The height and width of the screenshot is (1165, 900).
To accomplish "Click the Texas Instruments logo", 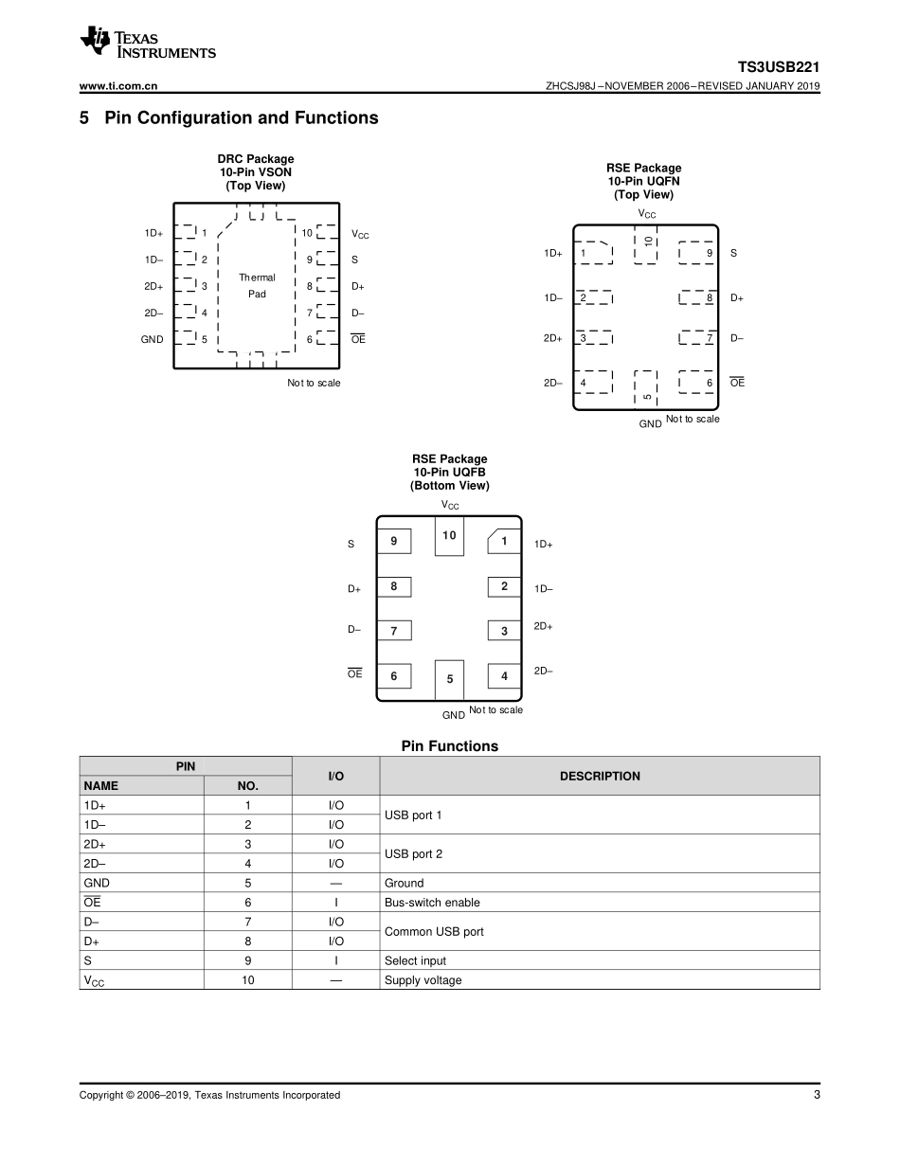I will click(148, 44).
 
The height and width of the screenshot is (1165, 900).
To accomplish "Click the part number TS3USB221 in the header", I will click(779, 67).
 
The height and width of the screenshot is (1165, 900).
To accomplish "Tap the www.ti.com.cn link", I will click(118, 86).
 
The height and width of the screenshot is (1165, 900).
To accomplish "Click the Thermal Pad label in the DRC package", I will click(257, 286).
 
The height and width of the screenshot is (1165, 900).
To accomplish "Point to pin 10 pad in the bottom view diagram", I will click(449, 536).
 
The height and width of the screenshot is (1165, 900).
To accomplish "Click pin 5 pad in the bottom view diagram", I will click(449, 679).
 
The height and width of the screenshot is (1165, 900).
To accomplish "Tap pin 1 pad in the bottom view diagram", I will click(504, 542).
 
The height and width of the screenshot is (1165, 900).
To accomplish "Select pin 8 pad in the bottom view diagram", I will click(393, 586).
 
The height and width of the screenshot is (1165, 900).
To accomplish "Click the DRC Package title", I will click(256, 159).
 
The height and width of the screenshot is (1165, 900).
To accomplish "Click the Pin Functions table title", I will click(449, 746).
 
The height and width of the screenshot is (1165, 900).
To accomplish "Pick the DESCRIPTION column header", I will click(600, 776).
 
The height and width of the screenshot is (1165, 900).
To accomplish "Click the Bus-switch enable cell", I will click(432, 903).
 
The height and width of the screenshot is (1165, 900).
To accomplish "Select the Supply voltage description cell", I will click(423, 980).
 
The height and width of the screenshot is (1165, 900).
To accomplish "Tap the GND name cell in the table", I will click(97, 883).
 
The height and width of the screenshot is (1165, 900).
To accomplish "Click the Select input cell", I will click(415, 960).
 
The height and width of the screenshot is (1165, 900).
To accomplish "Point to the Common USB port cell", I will click(434, 931).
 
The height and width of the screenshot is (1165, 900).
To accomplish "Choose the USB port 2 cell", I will click(413, 853).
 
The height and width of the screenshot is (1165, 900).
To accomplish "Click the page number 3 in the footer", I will click(816, 1095).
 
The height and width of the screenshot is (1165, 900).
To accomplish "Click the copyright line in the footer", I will click(209, 1095).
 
